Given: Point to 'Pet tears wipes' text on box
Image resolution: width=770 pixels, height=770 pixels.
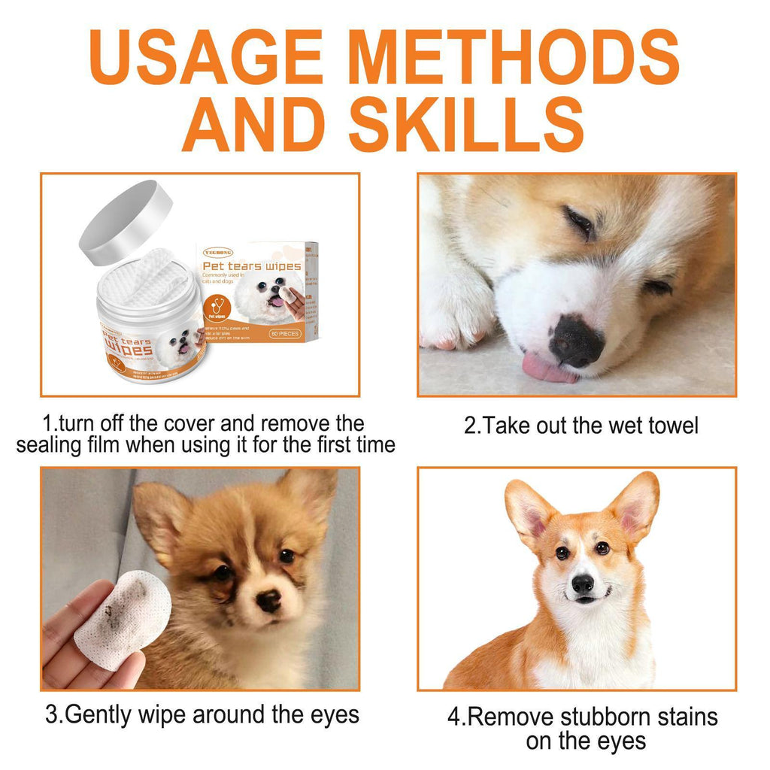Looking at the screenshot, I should (x=251, y=266).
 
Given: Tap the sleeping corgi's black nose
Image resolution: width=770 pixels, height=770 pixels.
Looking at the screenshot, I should (x=575, y=341).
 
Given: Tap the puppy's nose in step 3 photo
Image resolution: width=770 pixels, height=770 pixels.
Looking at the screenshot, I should (x=268, y=599).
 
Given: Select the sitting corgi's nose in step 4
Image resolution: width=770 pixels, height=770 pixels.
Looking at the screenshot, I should (x=583, y=584).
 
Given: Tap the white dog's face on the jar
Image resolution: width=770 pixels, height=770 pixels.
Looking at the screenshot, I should (x=180, y=344).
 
